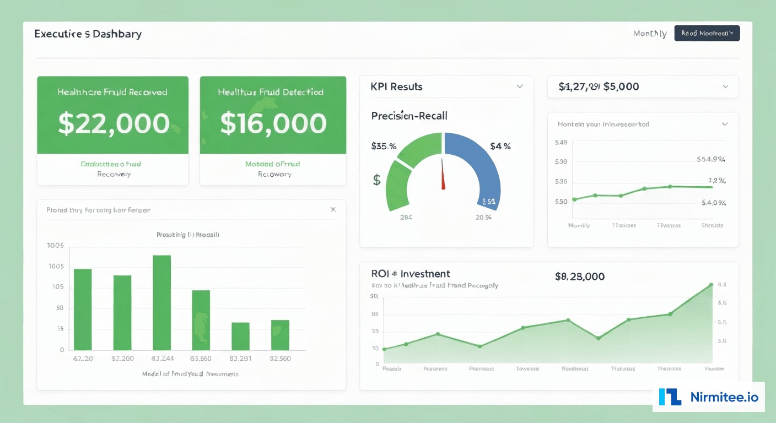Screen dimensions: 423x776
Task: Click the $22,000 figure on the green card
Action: tap(114, 124)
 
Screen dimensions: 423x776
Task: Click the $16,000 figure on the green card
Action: tap(273, 124)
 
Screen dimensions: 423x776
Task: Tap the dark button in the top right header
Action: tap(707, 33)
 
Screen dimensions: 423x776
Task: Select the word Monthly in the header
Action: tap(650, 34)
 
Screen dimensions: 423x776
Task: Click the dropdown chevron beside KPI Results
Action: tap(519, 86)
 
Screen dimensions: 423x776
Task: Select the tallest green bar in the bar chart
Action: tap(161, 302)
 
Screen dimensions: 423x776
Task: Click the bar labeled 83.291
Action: tap(240, 336)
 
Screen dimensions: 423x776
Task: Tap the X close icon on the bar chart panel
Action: tap(333, 210)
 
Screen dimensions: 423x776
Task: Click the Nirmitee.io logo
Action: tap(709, 397)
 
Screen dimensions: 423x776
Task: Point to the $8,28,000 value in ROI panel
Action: tap(580, 276)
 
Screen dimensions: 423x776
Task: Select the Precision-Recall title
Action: tap(409, 116)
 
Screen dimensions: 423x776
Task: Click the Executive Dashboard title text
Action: tap(88, 34)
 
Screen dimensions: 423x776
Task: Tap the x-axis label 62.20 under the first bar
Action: tap(83, 359)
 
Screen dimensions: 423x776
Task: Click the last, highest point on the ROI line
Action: tap(711, 285)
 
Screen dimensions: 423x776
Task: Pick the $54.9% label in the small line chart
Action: tap(711, 160)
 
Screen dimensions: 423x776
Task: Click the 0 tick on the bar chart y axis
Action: tap(62, 350)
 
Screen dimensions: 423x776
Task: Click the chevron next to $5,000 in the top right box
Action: tap(725, 86)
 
